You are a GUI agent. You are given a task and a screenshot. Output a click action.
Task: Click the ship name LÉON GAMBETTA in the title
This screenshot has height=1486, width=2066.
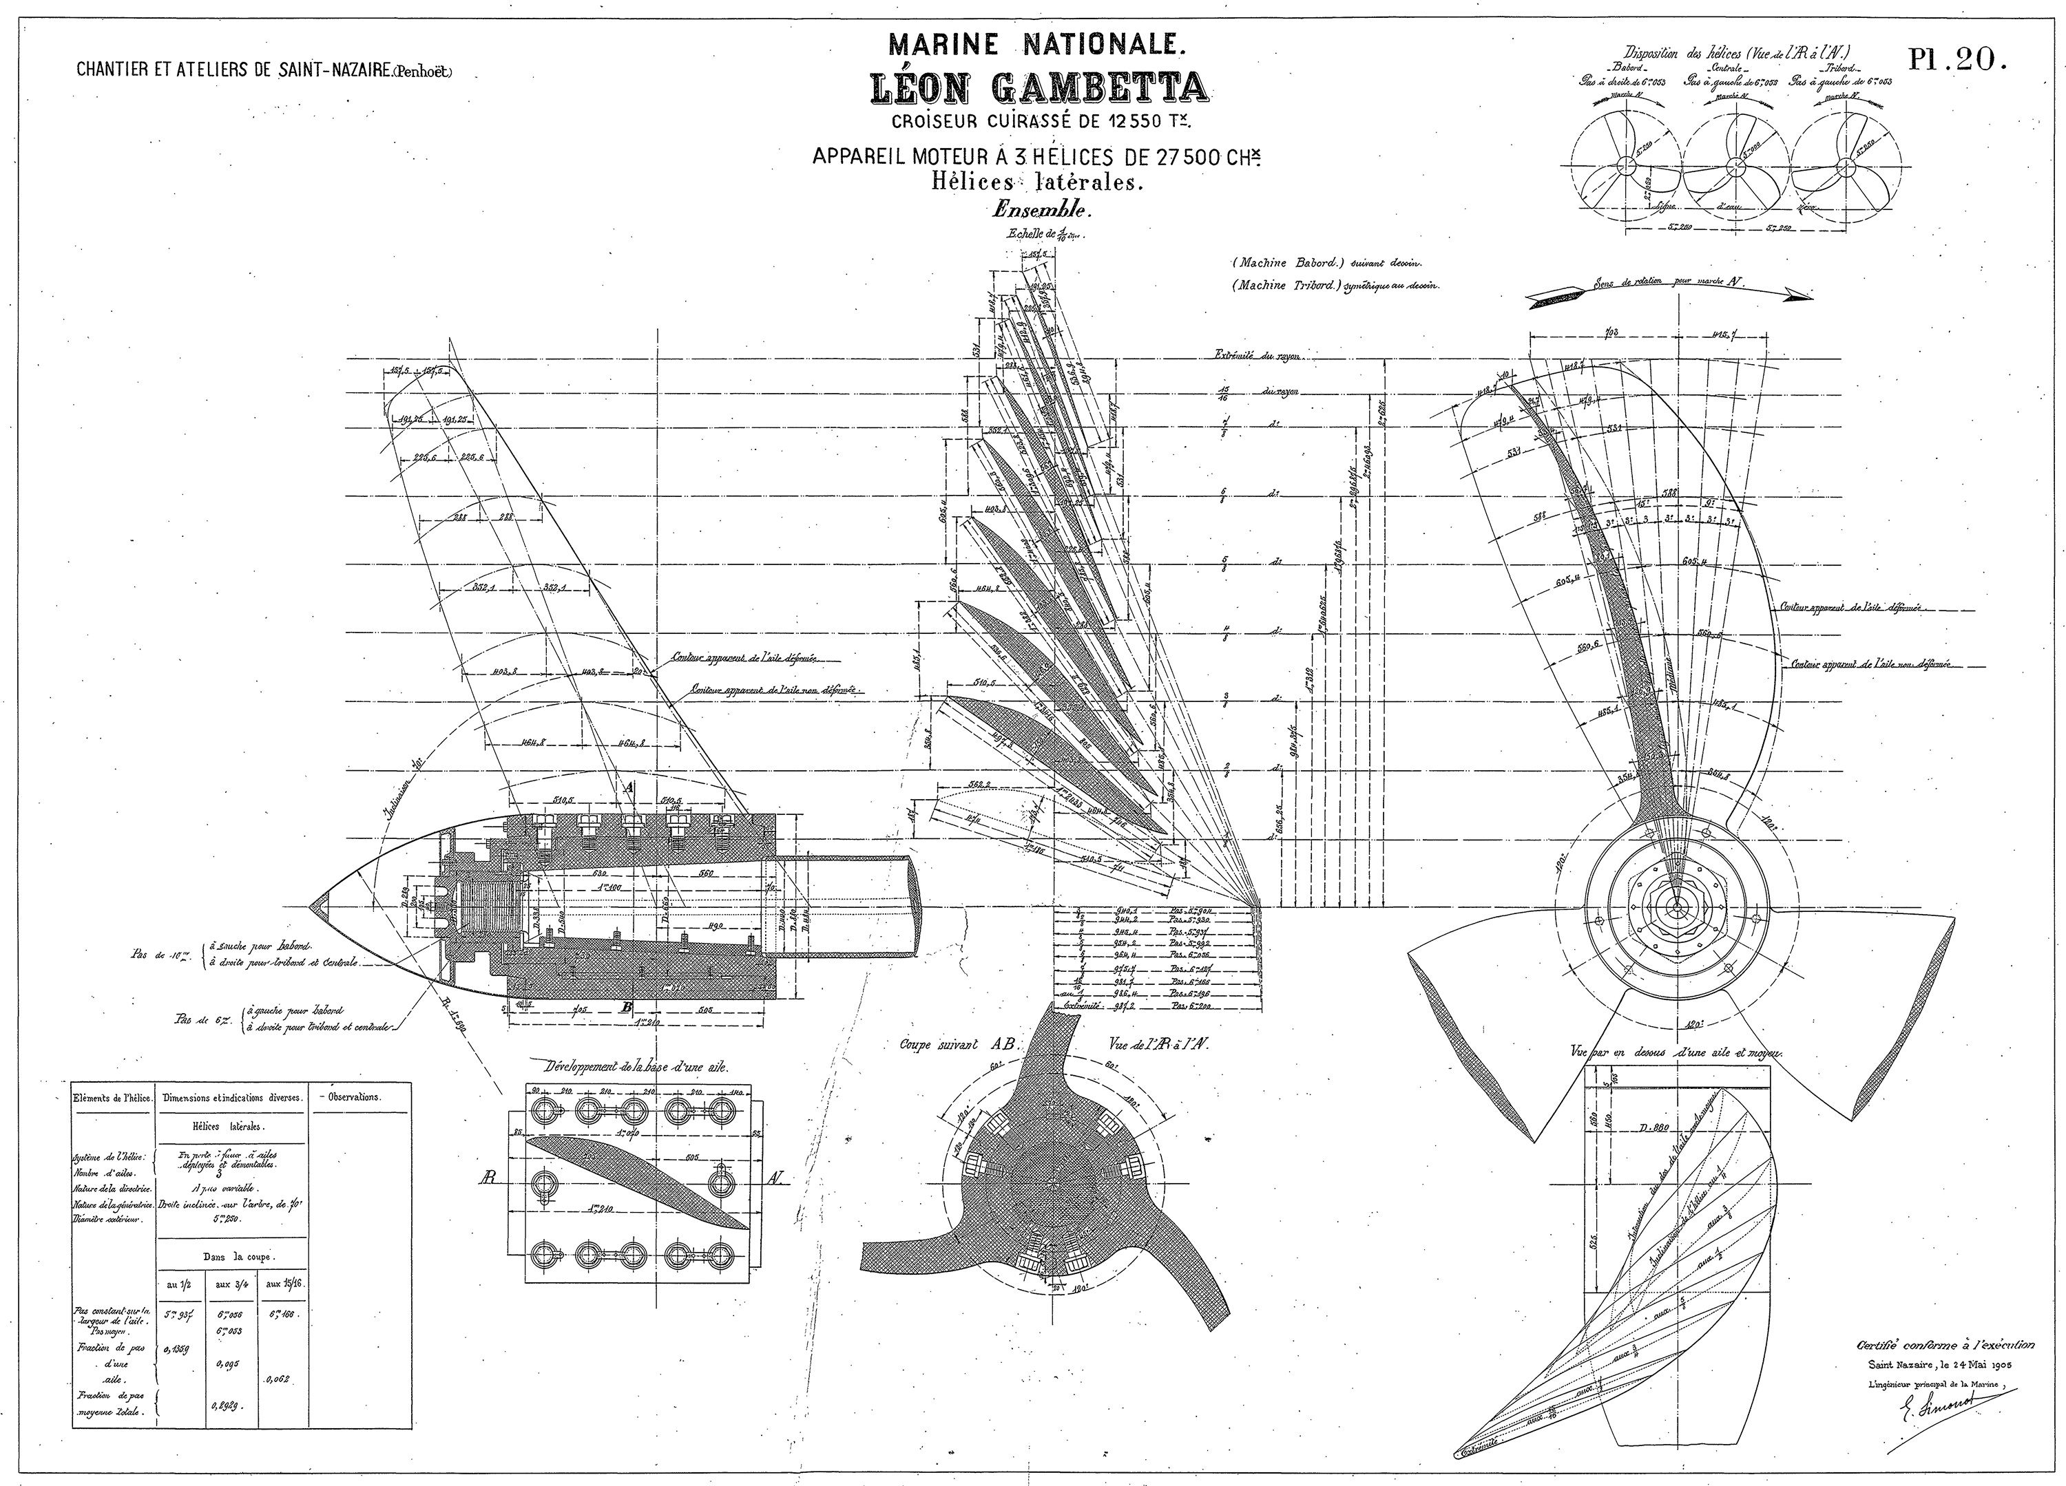(x=1039, y=87)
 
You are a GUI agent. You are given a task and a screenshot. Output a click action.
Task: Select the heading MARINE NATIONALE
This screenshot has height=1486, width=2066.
(x=1038, y=44)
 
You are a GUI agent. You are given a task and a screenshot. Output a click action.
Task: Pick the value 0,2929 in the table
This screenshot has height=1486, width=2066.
(x=226, y=1405)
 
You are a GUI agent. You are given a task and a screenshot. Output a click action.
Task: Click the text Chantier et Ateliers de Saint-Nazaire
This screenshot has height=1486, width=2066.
(x=264, y=71)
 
